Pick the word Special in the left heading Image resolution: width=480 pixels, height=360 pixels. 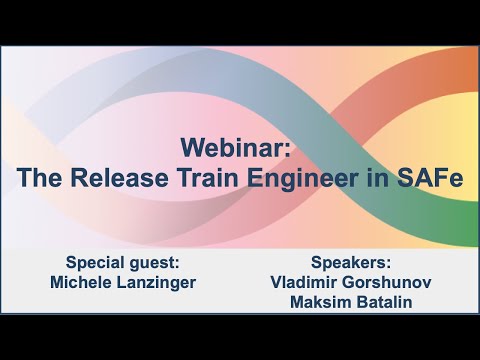point(87,263)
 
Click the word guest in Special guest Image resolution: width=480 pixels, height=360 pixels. point(148,263)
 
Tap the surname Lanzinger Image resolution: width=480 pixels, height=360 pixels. point(159,283)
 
